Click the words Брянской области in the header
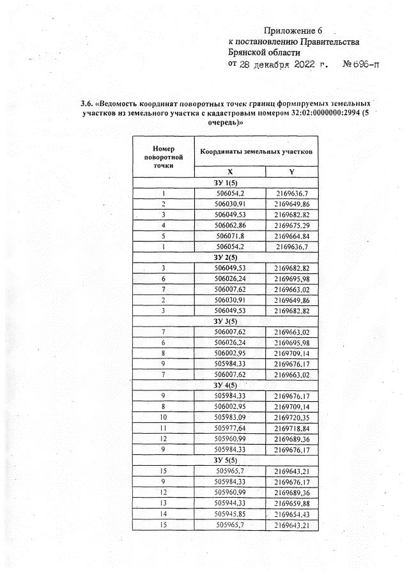coord(264,53)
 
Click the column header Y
coord(291,172)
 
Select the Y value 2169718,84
coord(291,429)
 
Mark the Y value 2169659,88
coord(291,503)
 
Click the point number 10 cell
coord(164,418)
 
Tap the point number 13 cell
coord(164,503)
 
